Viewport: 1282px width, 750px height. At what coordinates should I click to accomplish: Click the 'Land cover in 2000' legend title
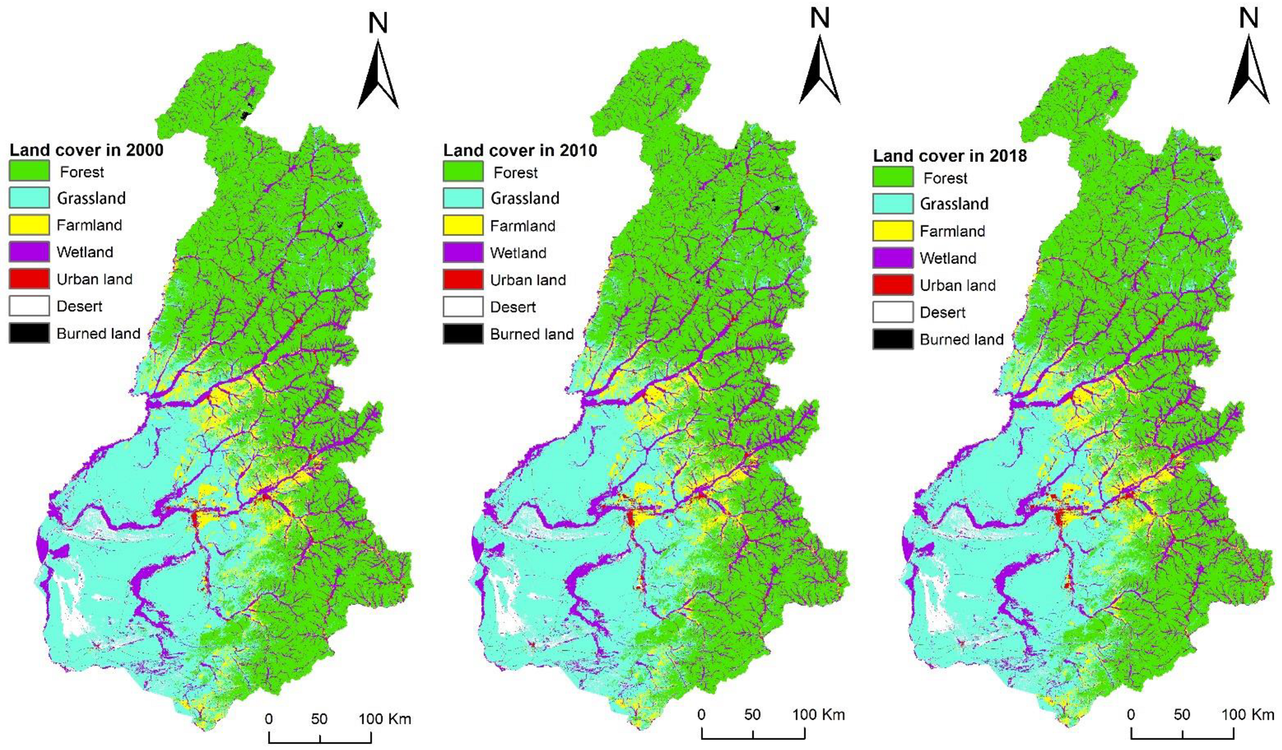click(x=86, y=150)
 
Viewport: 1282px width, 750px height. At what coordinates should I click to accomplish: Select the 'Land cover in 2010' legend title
click(x=520, y=150)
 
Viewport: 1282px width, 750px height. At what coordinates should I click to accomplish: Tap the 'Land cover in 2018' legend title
click(x=950, y=156)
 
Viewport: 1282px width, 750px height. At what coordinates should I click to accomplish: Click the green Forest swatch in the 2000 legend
click(x=29, y=171)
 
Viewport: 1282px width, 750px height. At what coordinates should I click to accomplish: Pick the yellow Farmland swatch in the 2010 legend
click(x=463, y=225)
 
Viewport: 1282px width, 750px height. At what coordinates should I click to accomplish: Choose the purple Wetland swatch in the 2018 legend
click(x=893, y=258)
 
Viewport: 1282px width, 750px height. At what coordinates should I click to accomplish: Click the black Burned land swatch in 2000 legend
click(x=29, y=333)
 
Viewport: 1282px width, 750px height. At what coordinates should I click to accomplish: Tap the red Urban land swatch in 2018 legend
click(x=893, y=285)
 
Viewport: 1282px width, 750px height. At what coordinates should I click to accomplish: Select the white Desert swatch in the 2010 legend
click(x=463, y=307)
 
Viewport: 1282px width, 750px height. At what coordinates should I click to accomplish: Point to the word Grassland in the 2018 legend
click(x=954, y=204)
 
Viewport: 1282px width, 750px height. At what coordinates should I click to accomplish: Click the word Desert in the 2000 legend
click(x=79, y=306)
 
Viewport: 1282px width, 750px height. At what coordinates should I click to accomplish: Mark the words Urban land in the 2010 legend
click(x=528, y=280)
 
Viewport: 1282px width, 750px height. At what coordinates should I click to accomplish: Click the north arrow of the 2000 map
click(x=378, y=75)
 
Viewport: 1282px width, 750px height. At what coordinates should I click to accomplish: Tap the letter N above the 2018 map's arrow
click(x=1248, y=18)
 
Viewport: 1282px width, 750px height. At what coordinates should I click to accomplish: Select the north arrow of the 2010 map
click(x=819, y=71)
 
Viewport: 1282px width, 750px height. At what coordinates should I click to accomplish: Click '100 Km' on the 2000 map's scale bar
click(x=385, y=719)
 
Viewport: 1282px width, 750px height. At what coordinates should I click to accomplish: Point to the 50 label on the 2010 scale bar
click(x=752, y=715)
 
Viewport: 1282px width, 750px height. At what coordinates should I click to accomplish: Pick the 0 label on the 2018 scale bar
click(x=1131, y=715)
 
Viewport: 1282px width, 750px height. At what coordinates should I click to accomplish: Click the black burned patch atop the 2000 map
click(x=245, y=114)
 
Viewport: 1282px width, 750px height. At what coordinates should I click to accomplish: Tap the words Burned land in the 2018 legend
click(x=961, y=339)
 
